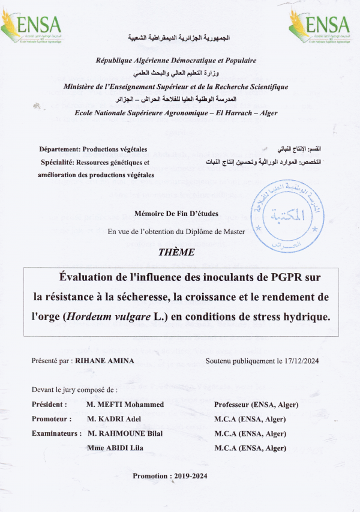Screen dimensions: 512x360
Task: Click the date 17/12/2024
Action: [x=302, y=361]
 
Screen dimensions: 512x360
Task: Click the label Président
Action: [x=49, y=405]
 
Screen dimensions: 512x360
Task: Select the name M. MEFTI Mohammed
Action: [x=125, y=405]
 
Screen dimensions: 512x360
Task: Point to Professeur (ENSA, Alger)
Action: [x=256, y=405]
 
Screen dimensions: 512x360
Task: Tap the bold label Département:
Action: [x=59, y=149]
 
